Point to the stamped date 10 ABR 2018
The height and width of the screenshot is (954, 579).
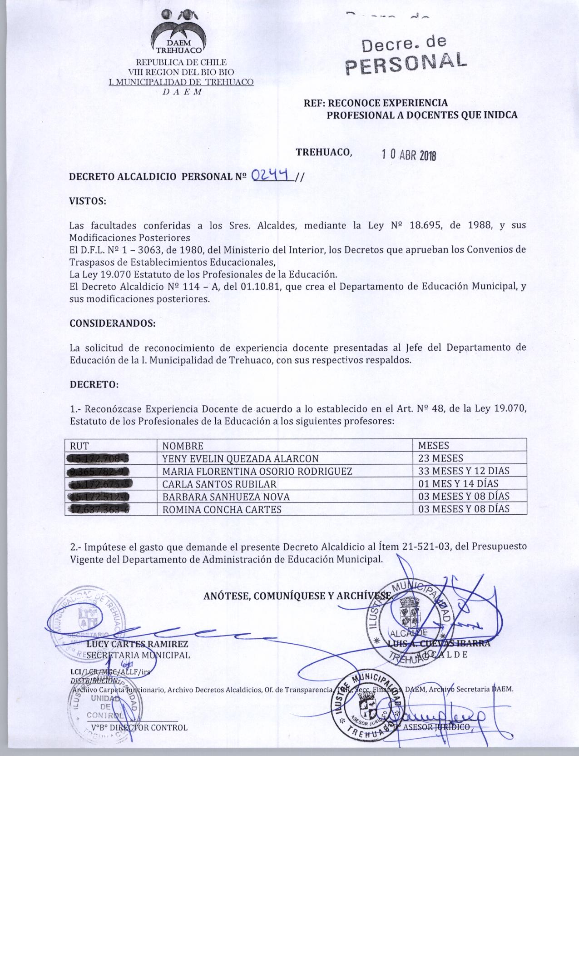pyautogui.click(x=409, y=155)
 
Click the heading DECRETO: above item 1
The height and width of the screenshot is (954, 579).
pyautogui.click(x=94, y=384)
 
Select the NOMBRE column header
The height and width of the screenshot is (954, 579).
pyautogui.click(x=183, y=446)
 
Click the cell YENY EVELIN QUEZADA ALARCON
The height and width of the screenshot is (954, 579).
pyautogui.click(x=240, y=458)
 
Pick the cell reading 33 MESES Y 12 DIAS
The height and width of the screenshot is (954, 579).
pyautogui.click(x=464, y=471)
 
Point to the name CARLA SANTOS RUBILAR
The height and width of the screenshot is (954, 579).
pyautogui.click(x=219, y=484)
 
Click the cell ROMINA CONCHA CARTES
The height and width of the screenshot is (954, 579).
pyautogui.click(x=222, y=509)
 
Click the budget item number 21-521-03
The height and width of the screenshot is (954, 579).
pyautogui.click(x=425, y=547)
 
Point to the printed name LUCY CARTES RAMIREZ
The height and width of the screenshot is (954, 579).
pyautogui.click(x=137, y=644)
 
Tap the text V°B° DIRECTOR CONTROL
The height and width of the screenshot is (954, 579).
pyautogui.click(x=139, y=727)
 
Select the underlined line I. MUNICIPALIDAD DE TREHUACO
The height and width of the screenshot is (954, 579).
pyautogui.click(x=181, y=82)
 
